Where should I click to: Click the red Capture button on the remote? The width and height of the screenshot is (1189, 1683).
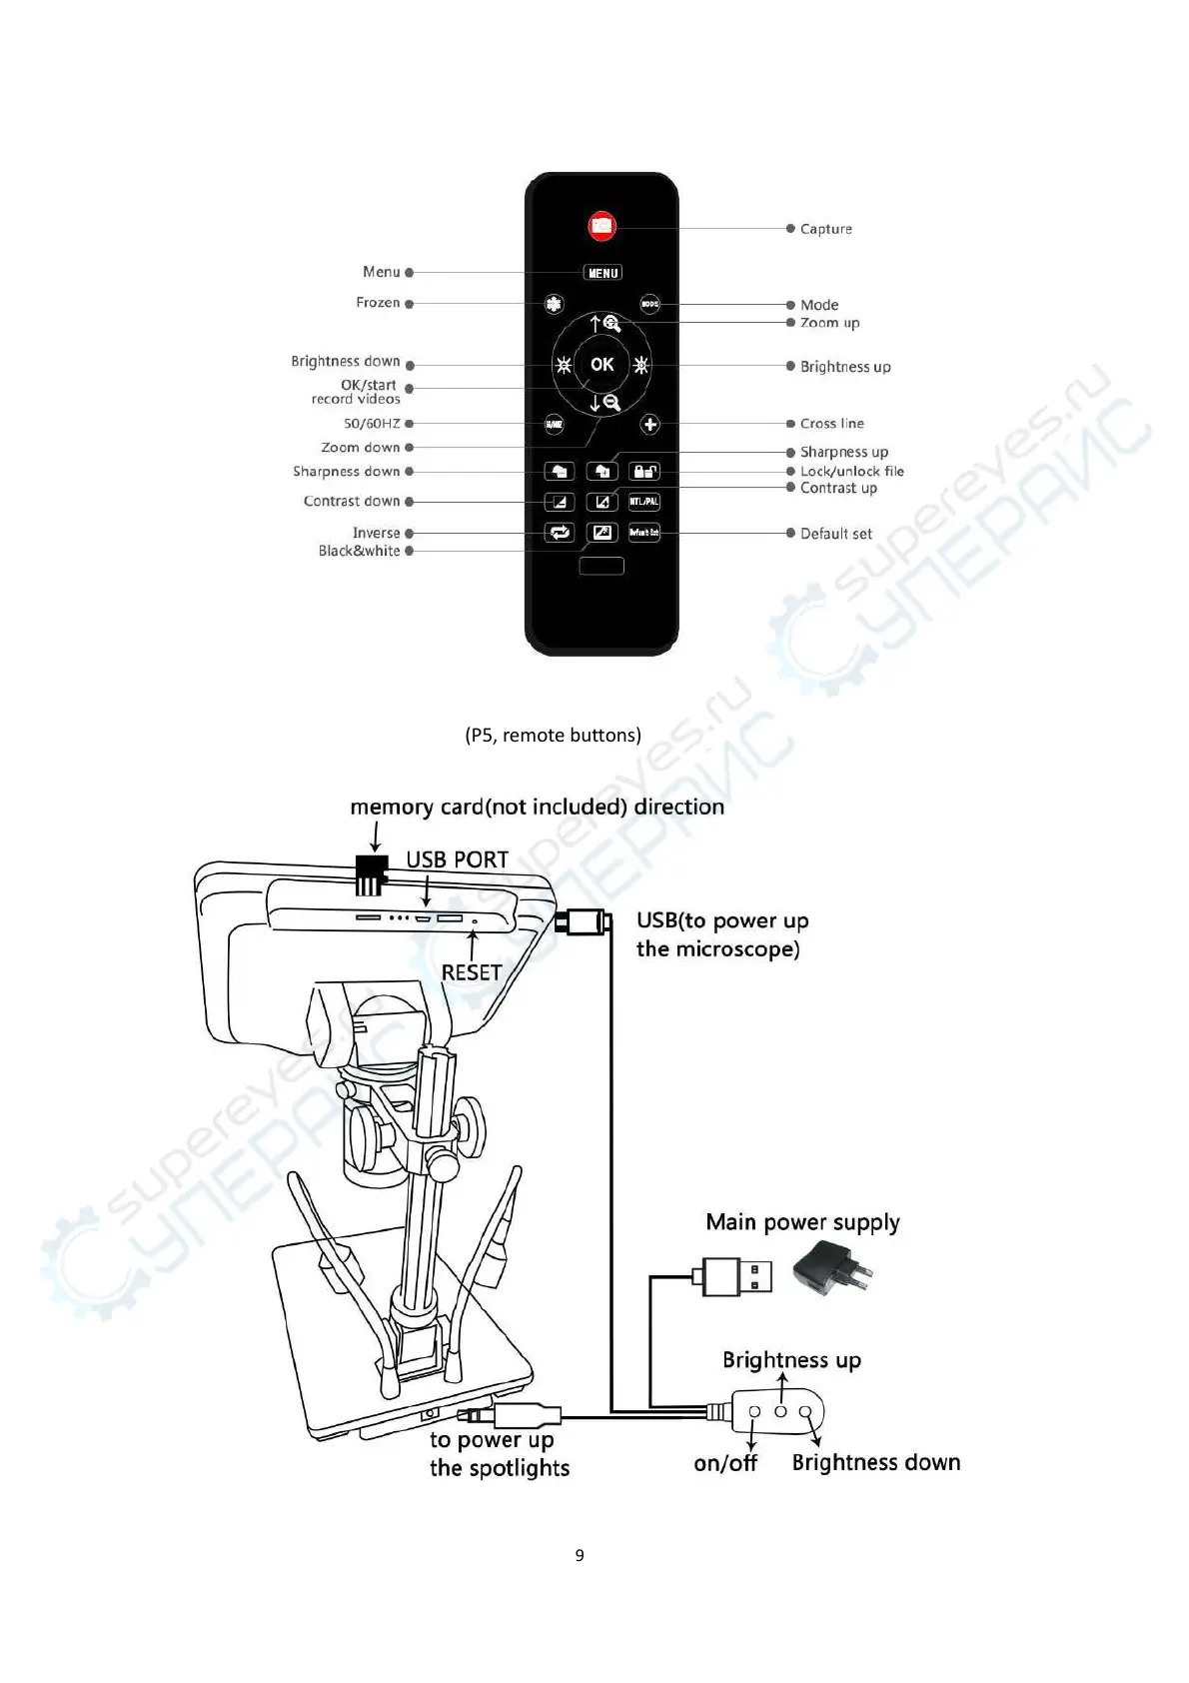point(601,226)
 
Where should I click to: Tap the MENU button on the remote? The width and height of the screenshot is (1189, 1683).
point(602,273)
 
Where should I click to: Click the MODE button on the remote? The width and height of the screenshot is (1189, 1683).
point(649,304)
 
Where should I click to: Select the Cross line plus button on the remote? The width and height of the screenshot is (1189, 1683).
point(650,425)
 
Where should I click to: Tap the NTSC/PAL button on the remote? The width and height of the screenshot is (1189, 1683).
point(644,502)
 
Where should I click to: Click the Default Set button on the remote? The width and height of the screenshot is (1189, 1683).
point(644,533)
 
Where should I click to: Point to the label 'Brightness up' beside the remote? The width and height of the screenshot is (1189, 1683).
point(845,367)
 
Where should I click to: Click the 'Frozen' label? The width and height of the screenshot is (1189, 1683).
point(378,303)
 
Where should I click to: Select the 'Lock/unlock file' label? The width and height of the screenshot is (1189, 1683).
point(851,471)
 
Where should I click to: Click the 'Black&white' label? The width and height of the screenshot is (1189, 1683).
point(359,551)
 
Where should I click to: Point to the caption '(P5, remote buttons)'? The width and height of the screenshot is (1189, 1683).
point(553,736)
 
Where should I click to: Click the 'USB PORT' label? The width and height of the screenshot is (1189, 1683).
point(457,859)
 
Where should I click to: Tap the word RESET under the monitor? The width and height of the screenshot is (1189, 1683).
point(472,972)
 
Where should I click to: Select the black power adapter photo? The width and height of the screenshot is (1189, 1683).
point(830,1270)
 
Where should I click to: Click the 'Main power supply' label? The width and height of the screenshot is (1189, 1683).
point(802,1222)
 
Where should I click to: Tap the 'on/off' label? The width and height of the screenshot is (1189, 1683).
point(725,1463)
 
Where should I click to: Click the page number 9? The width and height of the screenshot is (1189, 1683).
point(580,1555)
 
